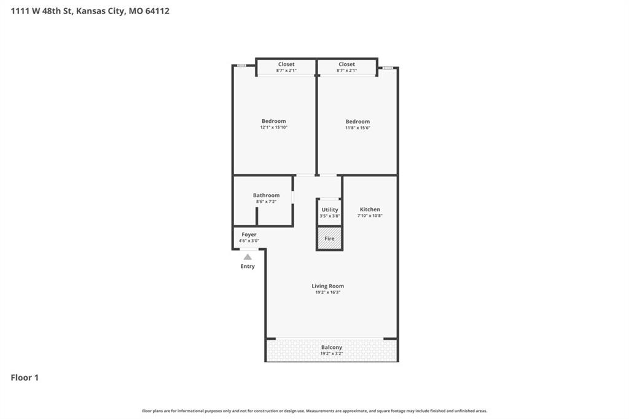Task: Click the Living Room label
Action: click(328, 286)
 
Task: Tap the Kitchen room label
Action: click(370, 209)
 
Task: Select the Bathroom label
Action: click(267, 195)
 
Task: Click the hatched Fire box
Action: click(329, 238)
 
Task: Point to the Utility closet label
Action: click(330, 210)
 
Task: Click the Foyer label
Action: click(249, 235)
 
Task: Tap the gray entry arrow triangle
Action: click(248, 257)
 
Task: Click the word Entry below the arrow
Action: click(248, 266)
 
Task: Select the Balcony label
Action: click(332, 348)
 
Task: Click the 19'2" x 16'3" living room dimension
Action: click(328, 292)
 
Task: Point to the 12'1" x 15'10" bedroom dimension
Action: click(273, 128)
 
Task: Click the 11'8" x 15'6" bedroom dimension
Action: click(358, 128)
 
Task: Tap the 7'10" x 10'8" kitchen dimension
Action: click(370, 216)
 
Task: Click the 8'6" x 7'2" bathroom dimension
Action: click(267, 202)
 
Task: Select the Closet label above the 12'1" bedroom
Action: click(286, 65)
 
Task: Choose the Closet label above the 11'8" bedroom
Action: click(346, 65)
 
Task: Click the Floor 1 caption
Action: click(25, 378)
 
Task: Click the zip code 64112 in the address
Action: click(157, 11)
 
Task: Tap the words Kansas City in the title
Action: click(100, 11)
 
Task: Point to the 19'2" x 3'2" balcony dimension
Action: click(332, 354)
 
